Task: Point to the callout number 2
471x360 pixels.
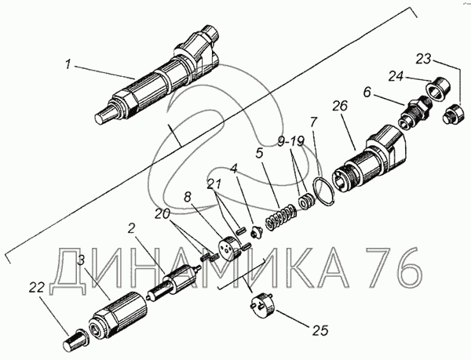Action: (132, 227)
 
